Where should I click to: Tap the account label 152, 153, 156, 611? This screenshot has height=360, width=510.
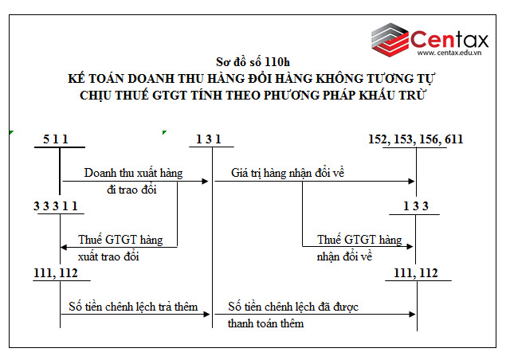[416, 139]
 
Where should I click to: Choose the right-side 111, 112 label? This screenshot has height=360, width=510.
[416, 273]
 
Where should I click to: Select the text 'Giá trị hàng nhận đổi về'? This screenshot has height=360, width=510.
[287, 173]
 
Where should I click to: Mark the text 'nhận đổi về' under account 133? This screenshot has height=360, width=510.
[345, 257]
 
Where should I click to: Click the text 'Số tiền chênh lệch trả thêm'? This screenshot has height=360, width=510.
[133, 307]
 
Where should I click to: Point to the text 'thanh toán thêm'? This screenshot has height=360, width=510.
[265, 324]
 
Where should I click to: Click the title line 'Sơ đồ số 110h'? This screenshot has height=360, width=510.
[253, 61]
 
